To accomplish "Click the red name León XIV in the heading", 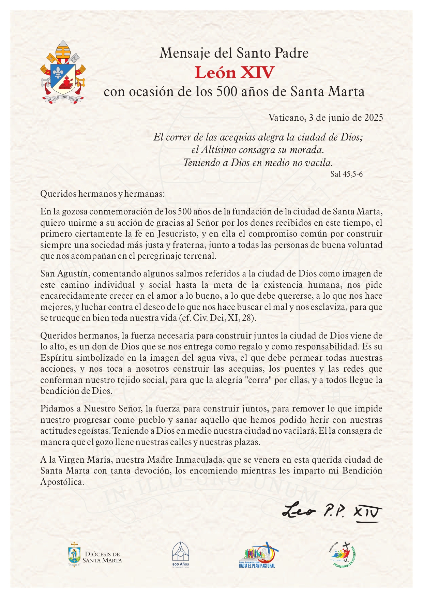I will [x=235, y=73].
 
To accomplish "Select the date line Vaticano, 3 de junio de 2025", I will [x=326, y=118].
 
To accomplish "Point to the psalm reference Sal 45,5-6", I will [x=346, y=174].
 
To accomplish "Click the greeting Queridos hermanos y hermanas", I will [x=102, y=194].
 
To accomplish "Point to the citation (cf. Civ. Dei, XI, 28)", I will [x=217, y=318].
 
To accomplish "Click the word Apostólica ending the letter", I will [x=62, y=482].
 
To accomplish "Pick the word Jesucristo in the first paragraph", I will [x=177, y=234].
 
